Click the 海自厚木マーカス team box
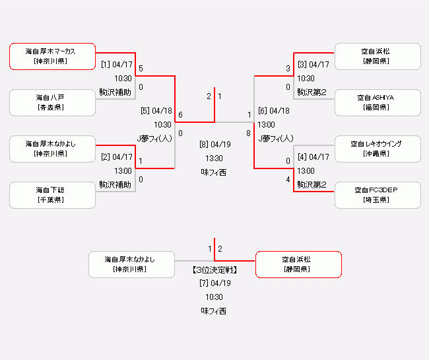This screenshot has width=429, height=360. point(52,56)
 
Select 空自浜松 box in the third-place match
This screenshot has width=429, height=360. point(298,264)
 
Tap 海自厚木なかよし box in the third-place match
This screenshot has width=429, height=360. point(131,264)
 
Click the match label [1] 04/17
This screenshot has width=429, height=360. point(117,65)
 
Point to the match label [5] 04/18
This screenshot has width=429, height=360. point(156,111)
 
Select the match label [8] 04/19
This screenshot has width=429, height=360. point(214,145)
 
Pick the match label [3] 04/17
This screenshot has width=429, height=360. point(313,65)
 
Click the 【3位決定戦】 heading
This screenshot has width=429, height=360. point(214,270)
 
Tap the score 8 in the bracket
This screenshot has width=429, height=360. point(249,133)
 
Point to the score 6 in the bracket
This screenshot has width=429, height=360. point(180,115)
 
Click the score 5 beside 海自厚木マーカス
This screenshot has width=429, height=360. point(141,69)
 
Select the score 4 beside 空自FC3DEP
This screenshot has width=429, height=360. point(288,180)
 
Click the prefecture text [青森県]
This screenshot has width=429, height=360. point(50,107)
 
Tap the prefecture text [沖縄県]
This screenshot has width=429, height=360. point(376,153)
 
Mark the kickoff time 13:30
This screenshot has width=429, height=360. point(214,159)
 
